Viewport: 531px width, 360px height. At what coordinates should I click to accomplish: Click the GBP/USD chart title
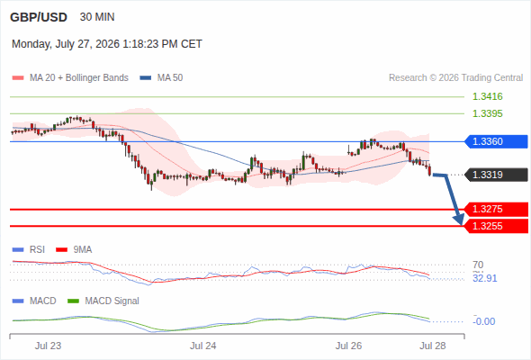pos(39,17)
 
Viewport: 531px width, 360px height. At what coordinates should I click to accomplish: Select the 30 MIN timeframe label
pos(97,17)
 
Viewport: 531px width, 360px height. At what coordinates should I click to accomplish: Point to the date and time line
pos(107,44)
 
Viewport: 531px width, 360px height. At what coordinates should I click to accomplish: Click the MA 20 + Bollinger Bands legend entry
pos(70,78)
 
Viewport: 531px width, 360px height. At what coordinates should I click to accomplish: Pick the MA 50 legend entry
pos(161,78)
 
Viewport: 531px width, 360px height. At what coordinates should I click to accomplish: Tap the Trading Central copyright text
pos(455,78)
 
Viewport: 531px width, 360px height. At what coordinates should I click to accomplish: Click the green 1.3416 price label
pos(487,96)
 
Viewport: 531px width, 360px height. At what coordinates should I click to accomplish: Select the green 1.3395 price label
pos(487,113)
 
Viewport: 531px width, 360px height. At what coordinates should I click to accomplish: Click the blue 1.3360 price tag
pos(496,141)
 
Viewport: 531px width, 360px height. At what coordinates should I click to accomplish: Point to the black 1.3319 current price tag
pos(496,175)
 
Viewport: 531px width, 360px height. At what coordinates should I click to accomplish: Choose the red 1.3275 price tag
pos(496,210)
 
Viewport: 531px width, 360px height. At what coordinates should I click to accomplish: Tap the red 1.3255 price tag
pos(496,226)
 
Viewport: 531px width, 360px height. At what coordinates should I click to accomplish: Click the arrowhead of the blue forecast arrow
pos(461,223)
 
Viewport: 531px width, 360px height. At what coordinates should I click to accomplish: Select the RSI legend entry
pos(29,249)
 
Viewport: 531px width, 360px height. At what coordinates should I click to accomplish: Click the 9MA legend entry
pos(74,249)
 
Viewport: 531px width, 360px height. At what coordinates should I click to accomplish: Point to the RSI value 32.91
pos(485,278)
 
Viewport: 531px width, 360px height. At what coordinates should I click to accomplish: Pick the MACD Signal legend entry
pos(103,301)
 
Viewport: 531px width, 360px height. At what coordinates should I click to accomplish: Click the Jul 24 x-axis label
pos(202,346)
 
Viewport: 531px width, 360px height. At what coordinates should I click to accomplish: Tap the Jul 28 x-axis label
pos(433,346)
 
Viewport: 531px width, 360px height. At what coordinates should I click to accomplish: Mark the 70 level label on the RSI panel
pos(478,265)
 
